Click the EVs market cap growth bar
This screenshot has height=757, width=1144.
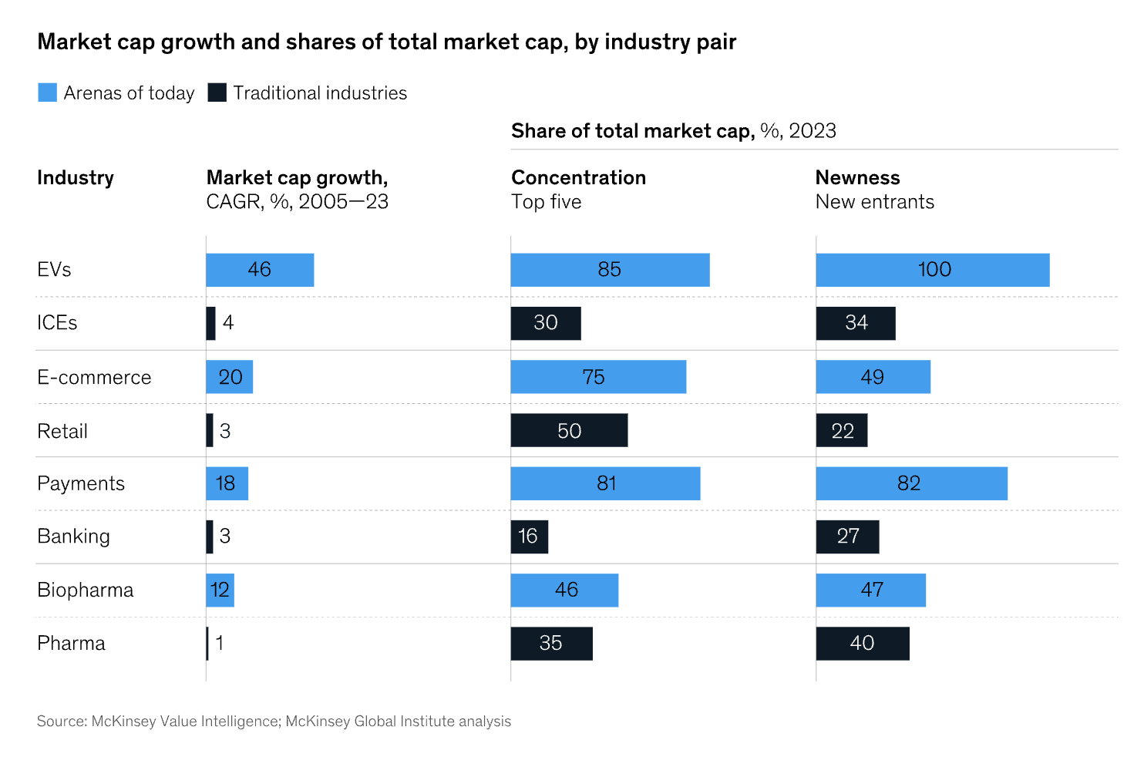coord(260,270)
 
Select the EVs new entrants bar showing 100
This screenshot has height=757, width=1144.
coord(933,270)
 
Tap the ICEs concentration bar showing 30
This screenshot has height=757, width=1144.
coord(546,323)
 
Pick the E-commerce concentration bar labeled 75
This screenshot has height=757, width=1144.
coord(598,377)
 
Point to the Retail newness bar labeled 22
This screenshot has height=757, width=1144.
coord(842,430)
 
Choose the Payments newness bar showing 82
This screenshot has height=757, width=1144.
coord(911,483)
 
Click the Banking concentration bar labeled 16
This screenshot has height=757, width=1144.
coord(530,537)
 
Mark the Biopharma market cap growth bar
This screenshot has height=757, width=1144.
coord(220,590)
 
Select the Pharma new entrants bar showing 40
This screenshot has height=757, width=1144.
coord(863,644)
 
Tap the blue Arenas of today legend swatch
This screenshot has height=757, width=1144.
coord(48,93)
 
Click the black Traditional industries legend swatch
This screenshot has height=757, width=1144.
coord(217,93)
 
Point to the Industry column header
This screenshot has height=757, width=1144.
coord(76,178)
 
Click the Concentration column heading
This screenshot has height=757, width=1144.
coord(578,178)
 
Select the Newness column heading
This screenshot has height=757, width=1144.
coord(857,178)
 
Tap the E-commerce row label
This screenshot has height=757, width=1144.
coord(94,378)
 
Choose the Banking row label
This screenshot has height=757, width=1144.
coord(73,537)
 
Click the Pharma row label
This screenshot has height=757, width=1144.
coord(71,644)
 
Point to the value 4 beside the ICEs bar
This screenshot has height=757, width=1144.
coord(228,323)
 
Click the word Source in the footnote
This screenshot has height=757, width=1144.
coord(60,722)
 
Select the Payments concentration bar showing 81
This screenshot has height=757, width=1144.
coord(605,483)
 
